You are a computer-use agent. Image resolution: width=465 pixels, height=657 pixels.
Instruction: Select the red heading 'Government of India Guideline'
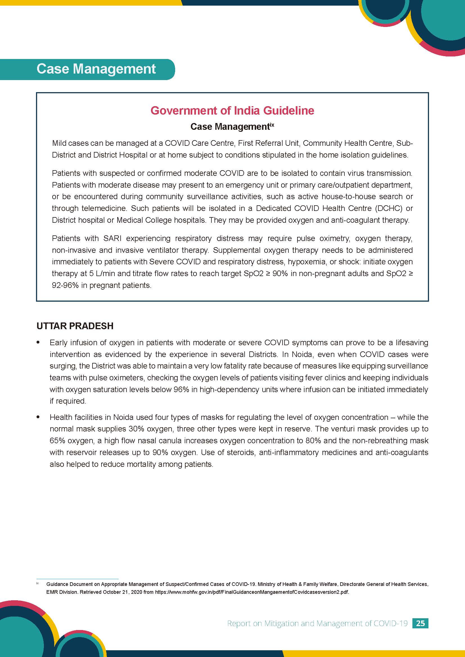tap(232, 111)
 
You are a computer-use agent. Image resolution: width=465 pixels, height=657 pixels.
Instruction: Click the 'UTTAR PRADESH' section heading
tap(75, 326)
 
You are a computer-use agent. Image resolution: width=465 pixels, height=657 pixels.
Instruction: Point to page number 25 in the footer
tap(420, 623)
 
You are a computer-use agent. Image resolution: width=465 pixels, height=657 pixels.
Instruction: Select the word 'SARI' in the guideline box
tap(112, 238)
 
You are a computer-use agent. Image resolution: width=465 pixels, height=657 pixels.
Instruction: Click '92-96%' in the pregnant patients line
tap(65, 285)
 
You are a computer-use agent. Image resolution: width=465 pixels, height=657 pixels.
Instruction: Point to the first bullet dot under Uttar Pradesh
tap(38, 342)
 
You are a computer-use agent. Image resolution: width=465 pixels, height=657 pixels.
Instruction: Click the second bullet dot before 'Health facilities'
tap(38, 417)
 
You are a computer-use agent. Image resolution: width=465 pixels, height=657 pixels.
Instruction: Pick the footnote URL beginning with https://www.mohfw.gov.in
tap(252, 592)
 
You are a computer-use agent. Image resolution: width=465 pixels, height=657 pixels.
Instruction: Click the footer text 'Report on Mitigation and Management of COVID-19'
tap(317, 623)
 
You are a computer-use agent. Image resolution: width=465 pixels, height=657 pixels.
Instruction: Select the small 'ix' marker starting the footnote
tap(37, 583)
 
